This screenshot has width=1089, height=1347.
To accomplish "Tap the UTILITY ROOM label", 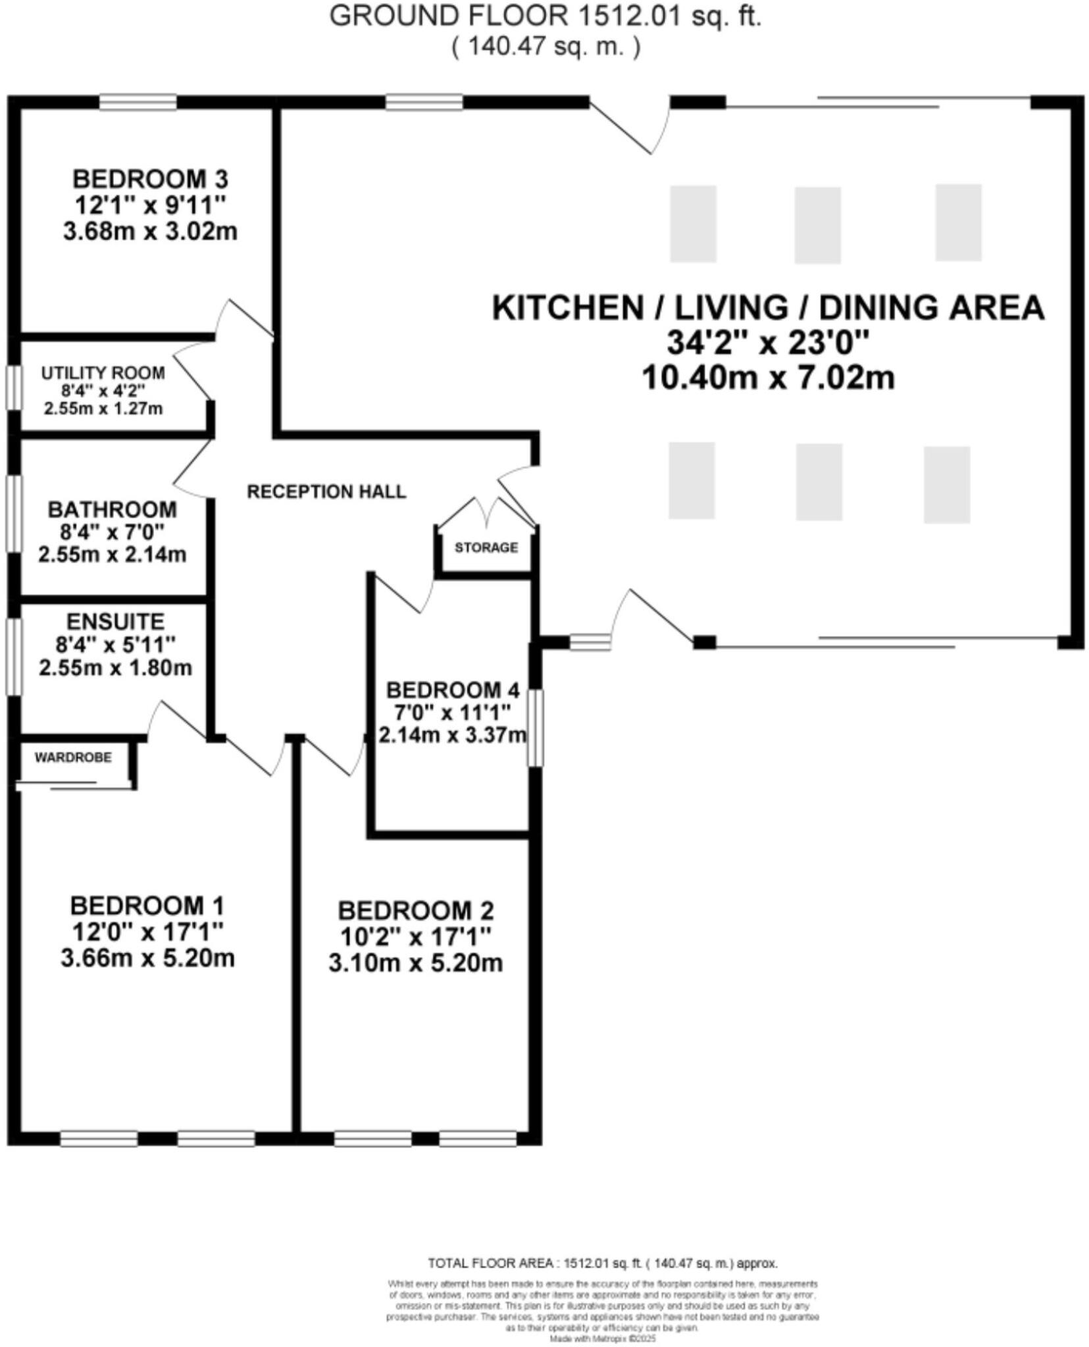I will (103, 373).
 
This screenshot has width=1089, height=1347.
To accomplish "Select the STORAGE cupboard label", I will (486, 547).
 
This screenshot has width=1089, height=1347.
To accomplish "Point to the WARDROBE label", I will (73, 758).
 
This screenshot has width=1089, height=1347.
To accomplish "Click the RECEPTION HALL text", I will (326, 492).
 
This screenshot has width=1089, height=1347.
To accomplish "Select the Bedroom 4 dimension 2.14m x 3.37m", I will (452, 735).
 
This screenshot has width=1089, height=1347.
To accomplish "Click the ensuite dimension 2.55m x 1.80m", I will (115, 668).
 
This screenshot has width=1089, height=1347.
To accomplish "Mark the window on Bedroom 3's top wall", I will (138, 102).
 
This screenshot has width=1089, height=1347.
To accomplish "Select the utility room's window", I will (14, 387).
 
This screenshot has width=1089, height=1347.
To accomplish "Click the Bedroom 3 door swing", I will (243, 319).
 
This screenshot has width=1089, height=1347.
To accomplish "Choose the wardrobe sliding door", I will (72, 783).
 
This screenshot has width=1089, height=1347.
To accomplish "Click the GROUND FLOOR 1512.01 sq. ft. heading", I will (545, 16).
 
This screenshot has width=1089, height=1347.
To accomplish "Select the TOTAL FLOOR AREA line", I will (602, 1263).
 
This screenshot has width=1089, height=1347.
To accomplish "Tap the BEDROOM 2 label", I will (415, 911).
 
